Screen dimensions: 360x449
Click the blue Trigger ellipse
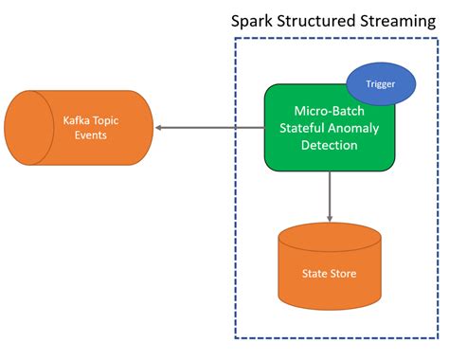coord(381,83)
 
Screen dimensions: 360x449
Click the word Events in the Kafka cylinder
coord(92,135)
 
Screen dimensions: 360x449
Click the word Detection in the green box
coord(328,145)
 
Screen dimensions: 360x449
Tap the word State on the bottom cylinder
coord(315,274)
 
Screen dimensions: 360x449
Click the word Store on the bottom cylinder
coord(344,274)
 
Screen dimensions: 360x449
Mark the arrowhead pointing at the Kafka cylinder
coord(159,128)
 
